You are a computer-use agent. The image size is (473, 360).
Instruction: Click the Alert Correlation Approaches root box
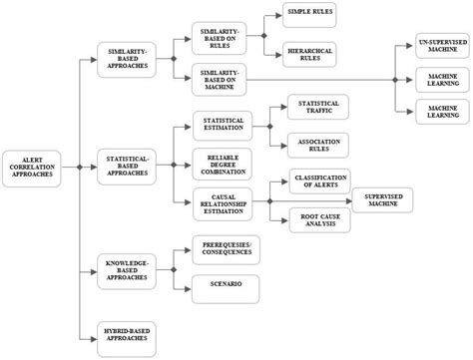coord(25,168)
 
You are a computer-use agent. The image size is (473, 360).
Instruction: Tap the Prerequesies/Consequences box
coord(225,249)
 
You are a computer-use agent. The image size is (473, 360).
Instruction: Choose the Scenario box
coord(225,286)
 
